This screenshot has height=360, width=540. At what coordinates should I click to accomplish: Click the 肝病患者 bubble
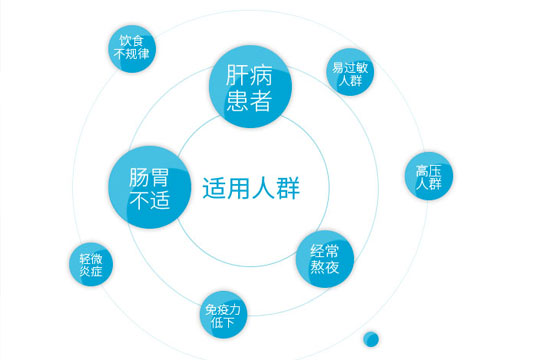(250, 86)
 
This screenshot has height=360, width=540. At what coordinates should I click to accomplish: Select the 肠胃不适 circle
(150, 187)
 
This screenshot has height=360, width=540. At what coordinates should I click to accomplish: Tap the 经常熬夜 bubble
(325, 259)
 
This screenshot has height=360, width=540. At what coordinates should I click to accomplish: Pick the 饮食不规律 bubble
(132, 49)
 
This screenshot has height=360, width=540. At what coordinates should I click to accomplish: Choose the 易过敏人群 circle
(350, 72)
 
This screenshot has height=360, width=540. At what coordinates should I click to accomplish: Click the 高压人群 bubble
(429, 176)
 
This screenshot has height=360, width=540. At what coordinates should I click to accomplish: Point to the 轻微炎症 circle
(91, 264)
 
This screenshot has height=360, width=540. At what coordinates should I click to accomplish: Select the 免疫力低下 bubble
(224, 315)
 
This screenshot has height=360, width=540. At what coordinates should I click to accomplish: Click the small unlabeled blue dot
(371, 339)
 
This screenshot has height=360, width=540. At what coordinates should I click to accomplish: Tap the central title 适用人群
(251, 188)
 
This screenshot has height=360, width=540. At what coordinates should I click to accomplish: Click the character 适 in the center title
(214, 188)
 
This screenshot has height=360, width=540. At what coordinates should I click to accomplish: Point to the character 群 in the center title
(288, 188)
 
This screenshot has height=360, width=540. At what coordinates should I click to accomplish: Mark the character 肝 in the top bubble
(237, 75)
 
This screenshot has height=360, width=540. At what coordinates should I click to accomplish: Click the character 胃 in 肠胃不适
(160, 177)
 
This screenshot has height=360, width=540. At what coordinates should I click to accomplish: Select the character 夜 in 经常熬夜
(332, 267)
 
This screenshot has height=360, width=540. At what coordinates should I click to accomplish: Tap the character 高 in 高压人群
(422, 171)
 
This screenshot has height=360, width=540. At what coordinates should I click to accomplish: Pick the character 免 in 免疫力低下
(211, 310)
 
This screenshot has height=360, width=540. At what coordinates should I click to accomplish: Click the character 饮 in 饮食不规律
(125, 41)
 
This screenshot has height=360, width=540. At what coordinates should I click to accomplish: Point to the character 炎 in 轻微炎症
(85, 271)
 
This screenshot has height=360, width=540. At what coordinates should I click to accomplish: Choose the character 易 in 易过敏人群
(338, 67)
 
